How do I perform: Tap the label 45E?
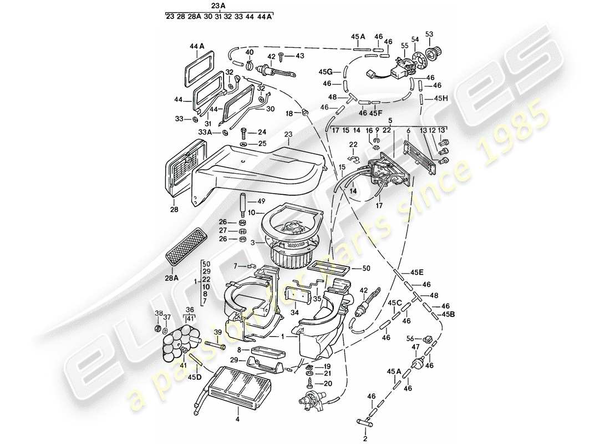(x=417, y=272)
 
